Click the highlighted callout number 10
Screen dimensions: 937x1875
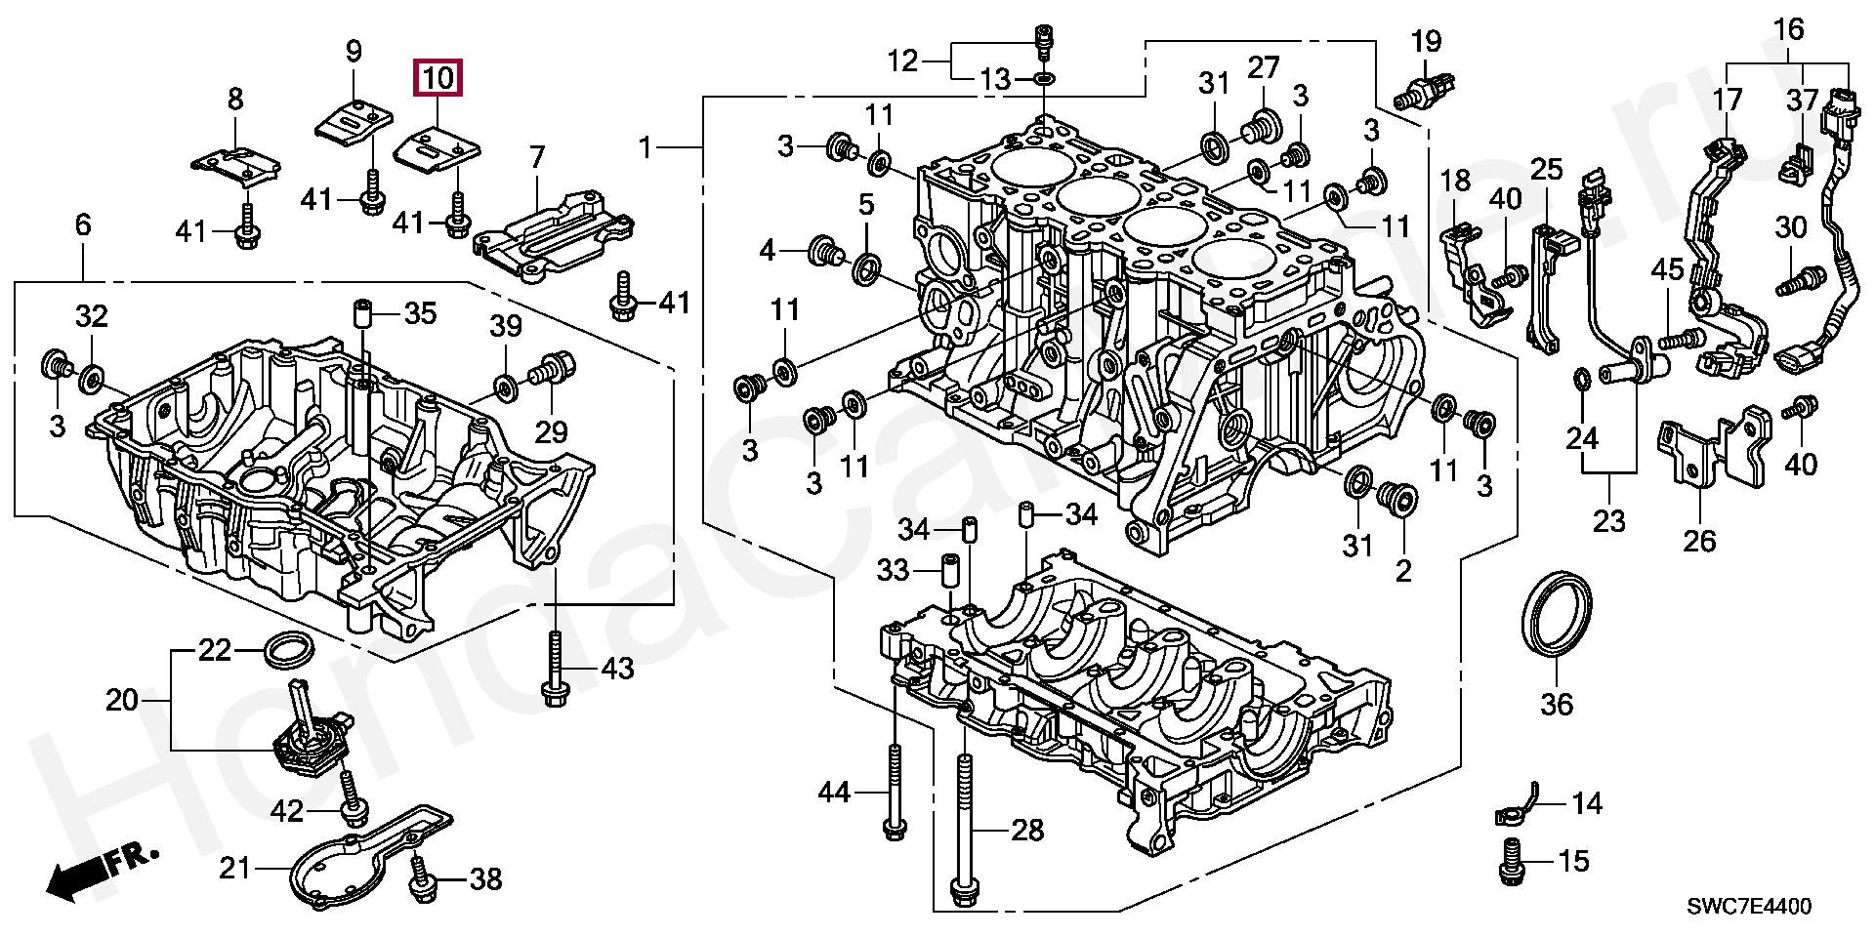(439, 77)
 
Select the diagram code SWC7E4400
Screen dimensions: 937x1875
(1749, 907)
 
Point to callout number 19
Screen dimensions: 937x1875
(1427, 42)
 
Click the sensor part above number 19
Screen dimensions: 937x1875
(1422, 93)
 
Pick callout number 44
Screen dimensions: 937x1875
(834, 793)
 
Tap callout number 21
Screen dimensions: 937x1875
(234, 867)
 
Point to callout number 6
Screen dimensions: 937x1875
(83, 225)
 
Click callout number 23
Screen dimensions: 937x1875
(1609, 521)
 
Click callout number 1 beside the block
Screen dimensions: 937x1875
(645, 148)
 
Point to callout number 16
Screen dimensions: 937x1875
(1789, 30)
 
